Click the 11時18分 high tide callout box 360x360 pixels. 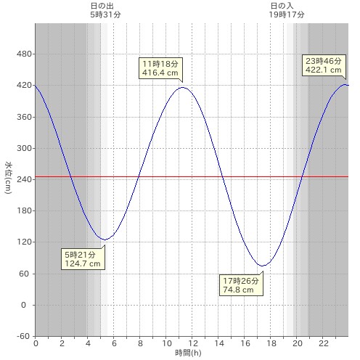pos(160,68)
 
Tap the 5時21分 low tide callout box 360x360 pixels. pos(83,259)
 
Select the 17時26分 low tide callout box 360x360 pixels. pos(241,285)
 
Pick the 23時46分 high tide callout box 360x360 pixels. pos(324,65)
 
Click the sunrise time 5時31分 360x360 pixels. pos(105,15)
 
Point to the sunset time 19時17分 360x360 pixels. pos(287,15)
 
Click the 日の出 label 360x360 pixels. pos(102,6)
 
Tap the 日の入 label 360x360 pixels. pos(282,6)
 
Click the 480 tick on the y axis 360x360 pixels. pos(24,54)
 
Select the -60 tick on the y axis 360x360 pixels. pos(23,336)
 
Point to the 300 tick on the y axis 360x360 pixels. pos(24,148)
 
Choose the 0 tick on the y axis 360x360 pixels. pos(23,305)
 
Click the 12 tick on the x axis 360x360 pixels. pos(193,343)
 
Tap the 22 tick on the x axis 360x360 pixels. pos(324,343)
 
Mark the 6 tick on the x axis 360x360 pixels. pos(114,343)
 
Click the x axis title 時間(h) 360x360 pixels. pos(188,353)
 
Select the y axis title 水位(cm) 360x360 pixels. pos(8,178)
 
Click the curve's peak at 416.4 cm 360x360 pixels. pos(183,87)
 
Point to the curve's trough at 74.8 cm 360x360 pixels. pos(263,266)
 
